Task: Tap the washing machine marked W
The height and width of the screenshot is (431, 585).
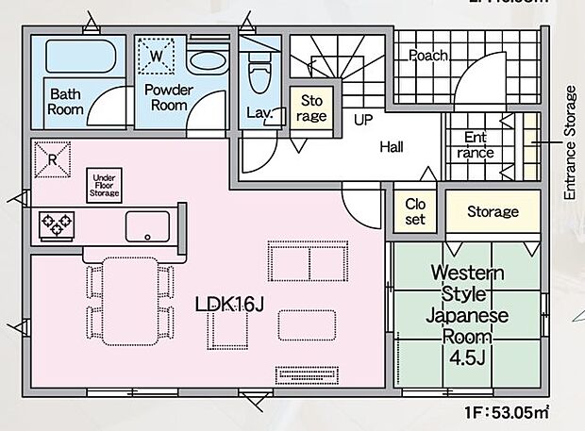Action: (158, 56)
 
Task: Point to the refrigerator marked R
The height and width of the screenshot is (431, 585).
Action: (52, 157)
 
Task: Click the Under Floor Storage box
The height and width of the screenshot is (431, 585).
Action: (106, 183)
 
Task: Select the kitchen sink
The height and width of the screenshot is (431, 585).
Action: (146, 225)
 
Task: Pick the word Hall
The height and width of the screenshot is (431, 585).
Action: (393, 147)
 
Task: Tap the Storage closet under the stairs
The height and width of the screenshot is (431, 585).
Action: (312, 108)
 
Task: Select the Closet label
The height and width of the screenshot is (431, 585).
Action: (415, 211)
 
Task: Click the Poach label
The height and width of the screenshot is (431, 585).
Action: (427, 56)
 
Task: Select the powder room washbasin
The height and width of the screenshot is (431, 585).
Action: (206, 61)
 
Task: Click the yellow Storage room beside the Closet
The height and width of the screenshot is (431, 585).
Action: (493, 212)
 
